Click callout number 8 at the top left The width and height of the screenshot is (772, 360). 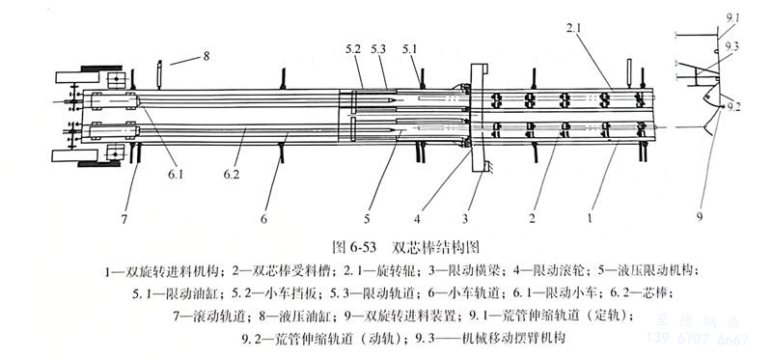(206, 57)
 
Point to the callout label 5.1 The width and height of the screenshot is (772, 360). (411, 46)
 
